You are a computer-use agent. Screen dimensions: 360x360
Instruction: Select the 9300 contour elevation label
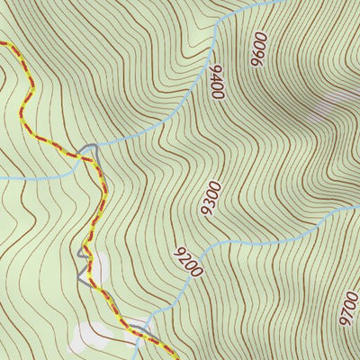(210, 197)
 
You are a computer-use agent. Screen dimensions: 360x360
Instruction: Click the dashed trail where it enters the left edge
(2, 42)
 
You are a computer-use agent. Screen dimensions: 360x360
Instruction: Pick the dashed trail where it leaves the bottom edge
(174, 357)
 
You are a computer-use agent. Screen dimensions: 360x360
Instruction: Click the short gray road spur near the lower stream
(135, 321)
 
